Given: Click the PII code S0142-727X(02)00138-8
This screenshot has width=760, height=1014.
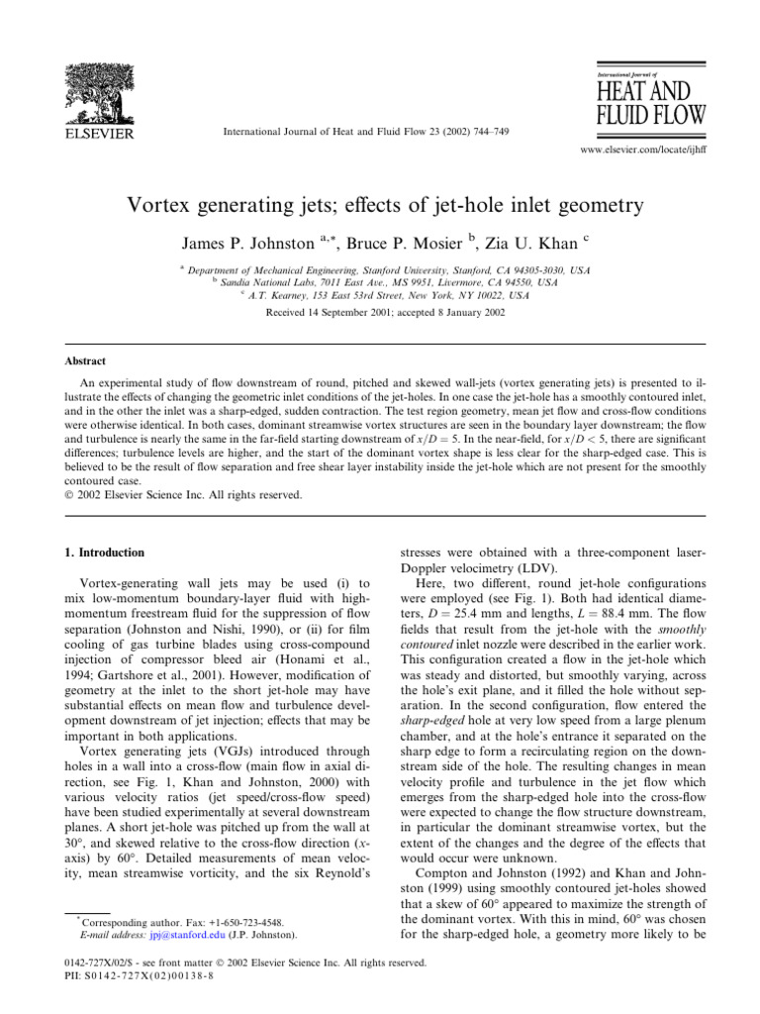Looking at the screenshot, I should (142, 981).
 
